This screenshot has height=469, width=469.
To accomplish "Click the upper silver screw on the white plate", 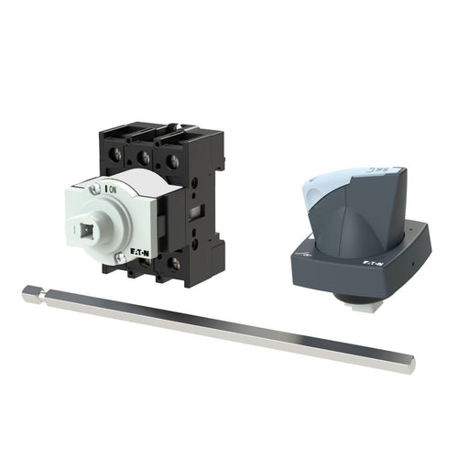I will pos(95,190).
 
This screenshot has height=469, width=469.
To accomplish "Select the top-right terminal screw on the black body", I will pos(171,161).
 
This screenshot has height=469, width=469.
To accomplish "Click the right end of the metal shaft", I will pos(410,365).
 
